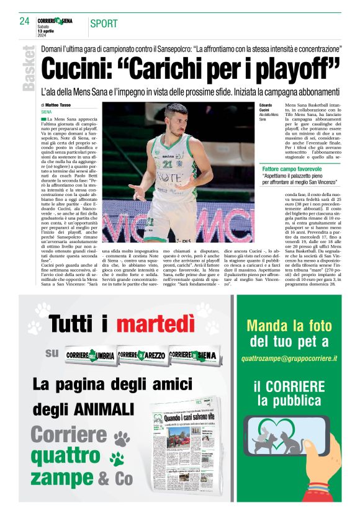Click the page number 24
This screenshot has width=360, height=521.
tap(25, 22)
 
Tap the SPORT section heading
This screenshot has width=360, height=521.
tap(104, 24)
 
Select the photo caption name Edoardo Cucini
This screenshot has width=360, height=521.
tap(265, 110)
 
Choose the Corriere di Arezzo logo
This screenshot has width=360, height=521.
tap(142, 355)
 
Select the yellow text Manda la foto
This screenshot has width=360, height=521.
tap(289, 325)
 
